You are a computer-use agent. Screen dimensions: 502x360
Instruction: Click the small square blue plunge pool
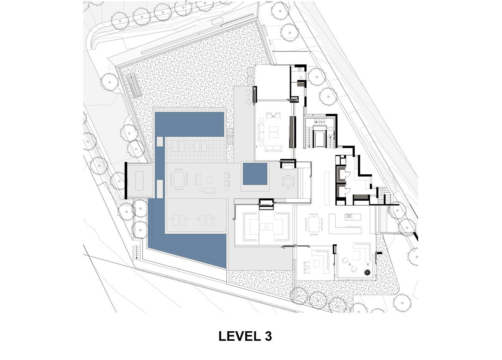255,174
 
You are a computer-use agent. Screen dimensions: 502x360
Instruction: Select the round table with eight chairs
288,181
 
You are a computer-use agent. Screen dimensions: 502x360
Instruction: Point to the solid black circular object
367,273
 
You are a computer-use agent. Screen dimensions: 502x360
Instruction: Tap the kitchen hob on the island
349,216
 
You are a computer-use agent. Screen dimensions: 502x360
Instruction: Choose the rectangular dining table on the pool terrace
179,179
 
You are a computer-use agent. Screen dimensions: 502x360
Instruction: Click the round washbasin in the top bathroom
300,70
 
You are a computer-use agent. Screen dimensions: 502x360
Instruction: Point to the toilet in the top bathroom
302,78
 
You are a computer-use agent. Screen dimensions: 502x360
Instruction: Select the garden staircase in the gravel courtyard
134,85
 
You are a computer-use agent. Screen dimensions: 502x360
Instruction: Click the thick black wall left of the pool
126,181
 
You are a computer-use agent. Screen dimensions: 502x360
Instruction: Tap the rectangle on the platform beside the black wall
139,181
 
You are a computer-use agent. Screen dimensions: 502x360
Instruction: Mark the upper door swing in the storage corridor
347,174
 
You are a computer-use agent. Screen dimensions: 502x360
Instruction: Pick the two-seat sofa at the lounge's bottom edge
273,148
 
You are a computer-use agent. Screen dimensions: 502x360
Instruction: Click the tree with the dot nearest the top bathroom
316,77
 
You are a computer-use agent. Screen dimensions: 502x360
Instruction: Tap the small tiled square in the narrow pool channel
159,142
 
